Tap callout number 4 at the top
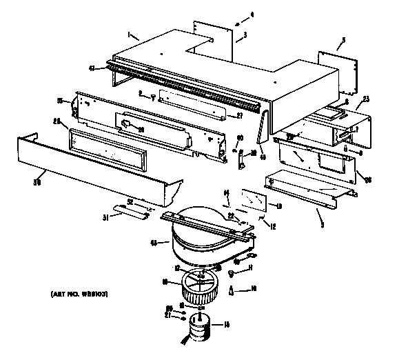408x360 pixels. (x=252, y=14)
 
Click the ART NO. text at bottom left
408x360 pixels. (x=80, y=294)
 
